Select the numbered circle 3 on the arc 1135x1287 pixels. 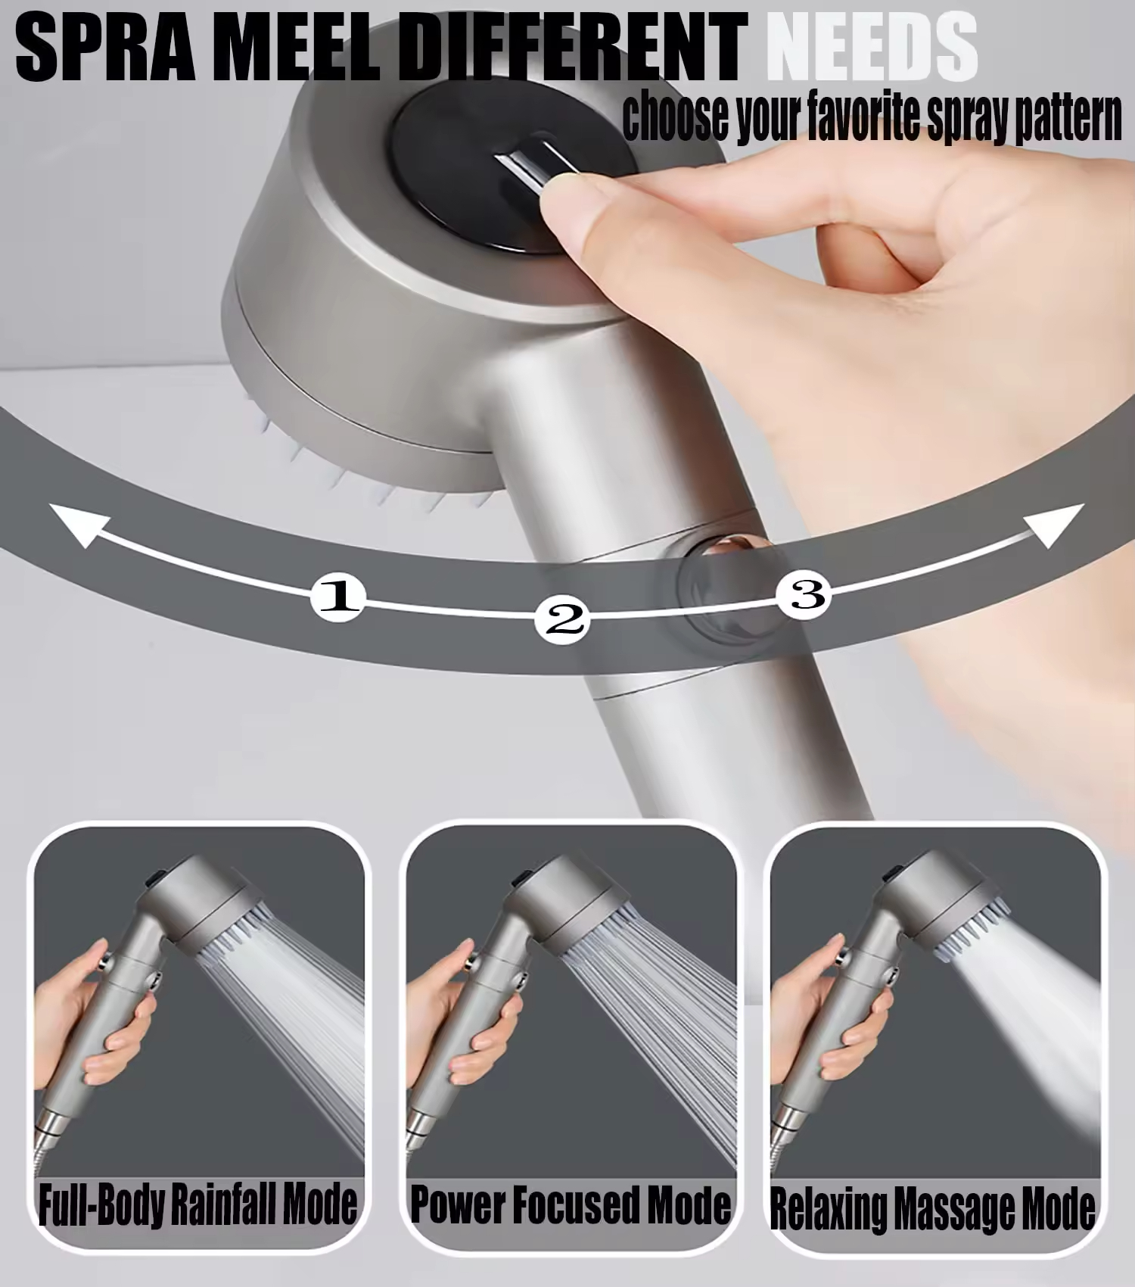click(807, 594)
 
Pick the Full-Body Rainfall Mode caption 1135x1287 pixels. click(197, 1204)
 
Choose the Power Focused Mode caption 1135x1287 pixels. click(571, 1204)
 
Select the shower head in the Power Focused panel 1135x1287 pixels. click(575, 905)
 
